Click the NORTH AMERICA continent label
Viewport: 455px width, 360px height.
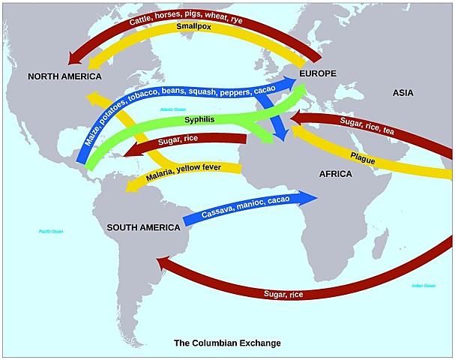click(65, 77)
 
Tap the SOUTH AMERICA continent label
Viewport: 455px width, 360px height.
click(143, 226)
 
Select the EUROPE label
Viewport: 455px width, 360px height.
click(316, 73)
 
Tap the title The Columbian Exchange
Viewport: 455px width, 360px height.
click(227, 343)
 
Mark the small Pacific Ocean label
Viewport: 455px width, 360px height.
click(51, 232)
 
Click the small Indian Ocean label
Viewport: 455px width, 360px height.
click(424, 286)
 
